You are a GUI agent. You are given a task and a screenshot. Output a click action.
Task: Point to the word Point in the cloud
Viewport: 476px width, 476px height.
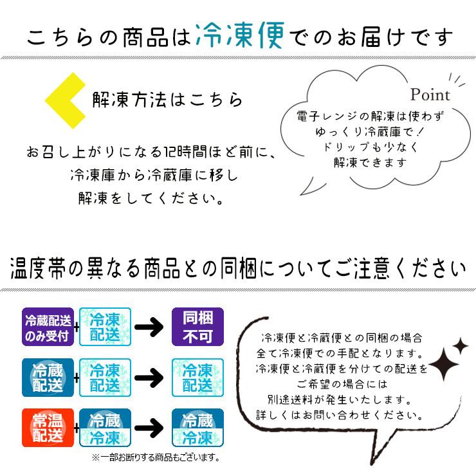coord(430,95)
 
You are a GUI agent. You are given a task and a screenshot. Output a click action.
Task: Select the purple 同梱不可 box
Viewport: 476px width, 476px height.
coord(197,326)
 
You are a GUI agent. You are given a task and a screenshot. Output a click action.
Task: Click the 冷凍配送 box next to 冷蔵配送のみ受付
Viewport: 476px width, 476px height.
coord(105,326)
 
